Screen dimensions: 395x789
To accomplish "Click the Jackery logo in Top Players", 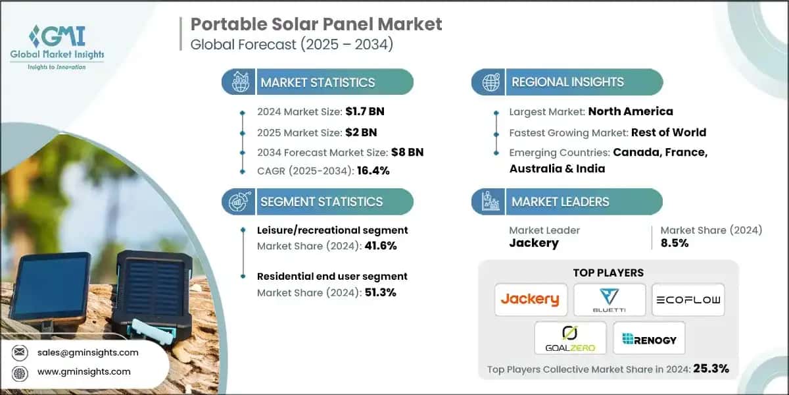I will pos(529,300).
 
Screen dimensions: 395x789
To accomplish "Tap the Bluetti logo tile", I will pos(609,300).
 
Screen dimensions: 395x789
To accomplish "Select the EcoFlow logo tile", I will pos(688,300).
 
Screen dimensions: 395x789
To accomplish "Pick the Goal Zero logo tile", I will pos(569,338).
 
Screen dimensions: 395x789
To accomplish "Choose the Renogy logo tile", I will pos(649,338).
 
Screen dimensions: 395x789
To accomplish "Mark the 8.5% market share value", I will pos(675,243).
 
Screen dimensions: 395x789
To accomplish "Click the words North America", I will pos(631,112).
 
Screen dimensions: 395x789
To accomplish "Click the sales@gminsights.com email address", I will pos(87,352).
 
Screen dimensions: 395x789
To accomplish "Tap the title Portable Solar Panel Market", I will pos(316,25).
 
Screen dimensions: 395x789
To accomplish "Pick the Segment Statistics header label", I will pos(321,202).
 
